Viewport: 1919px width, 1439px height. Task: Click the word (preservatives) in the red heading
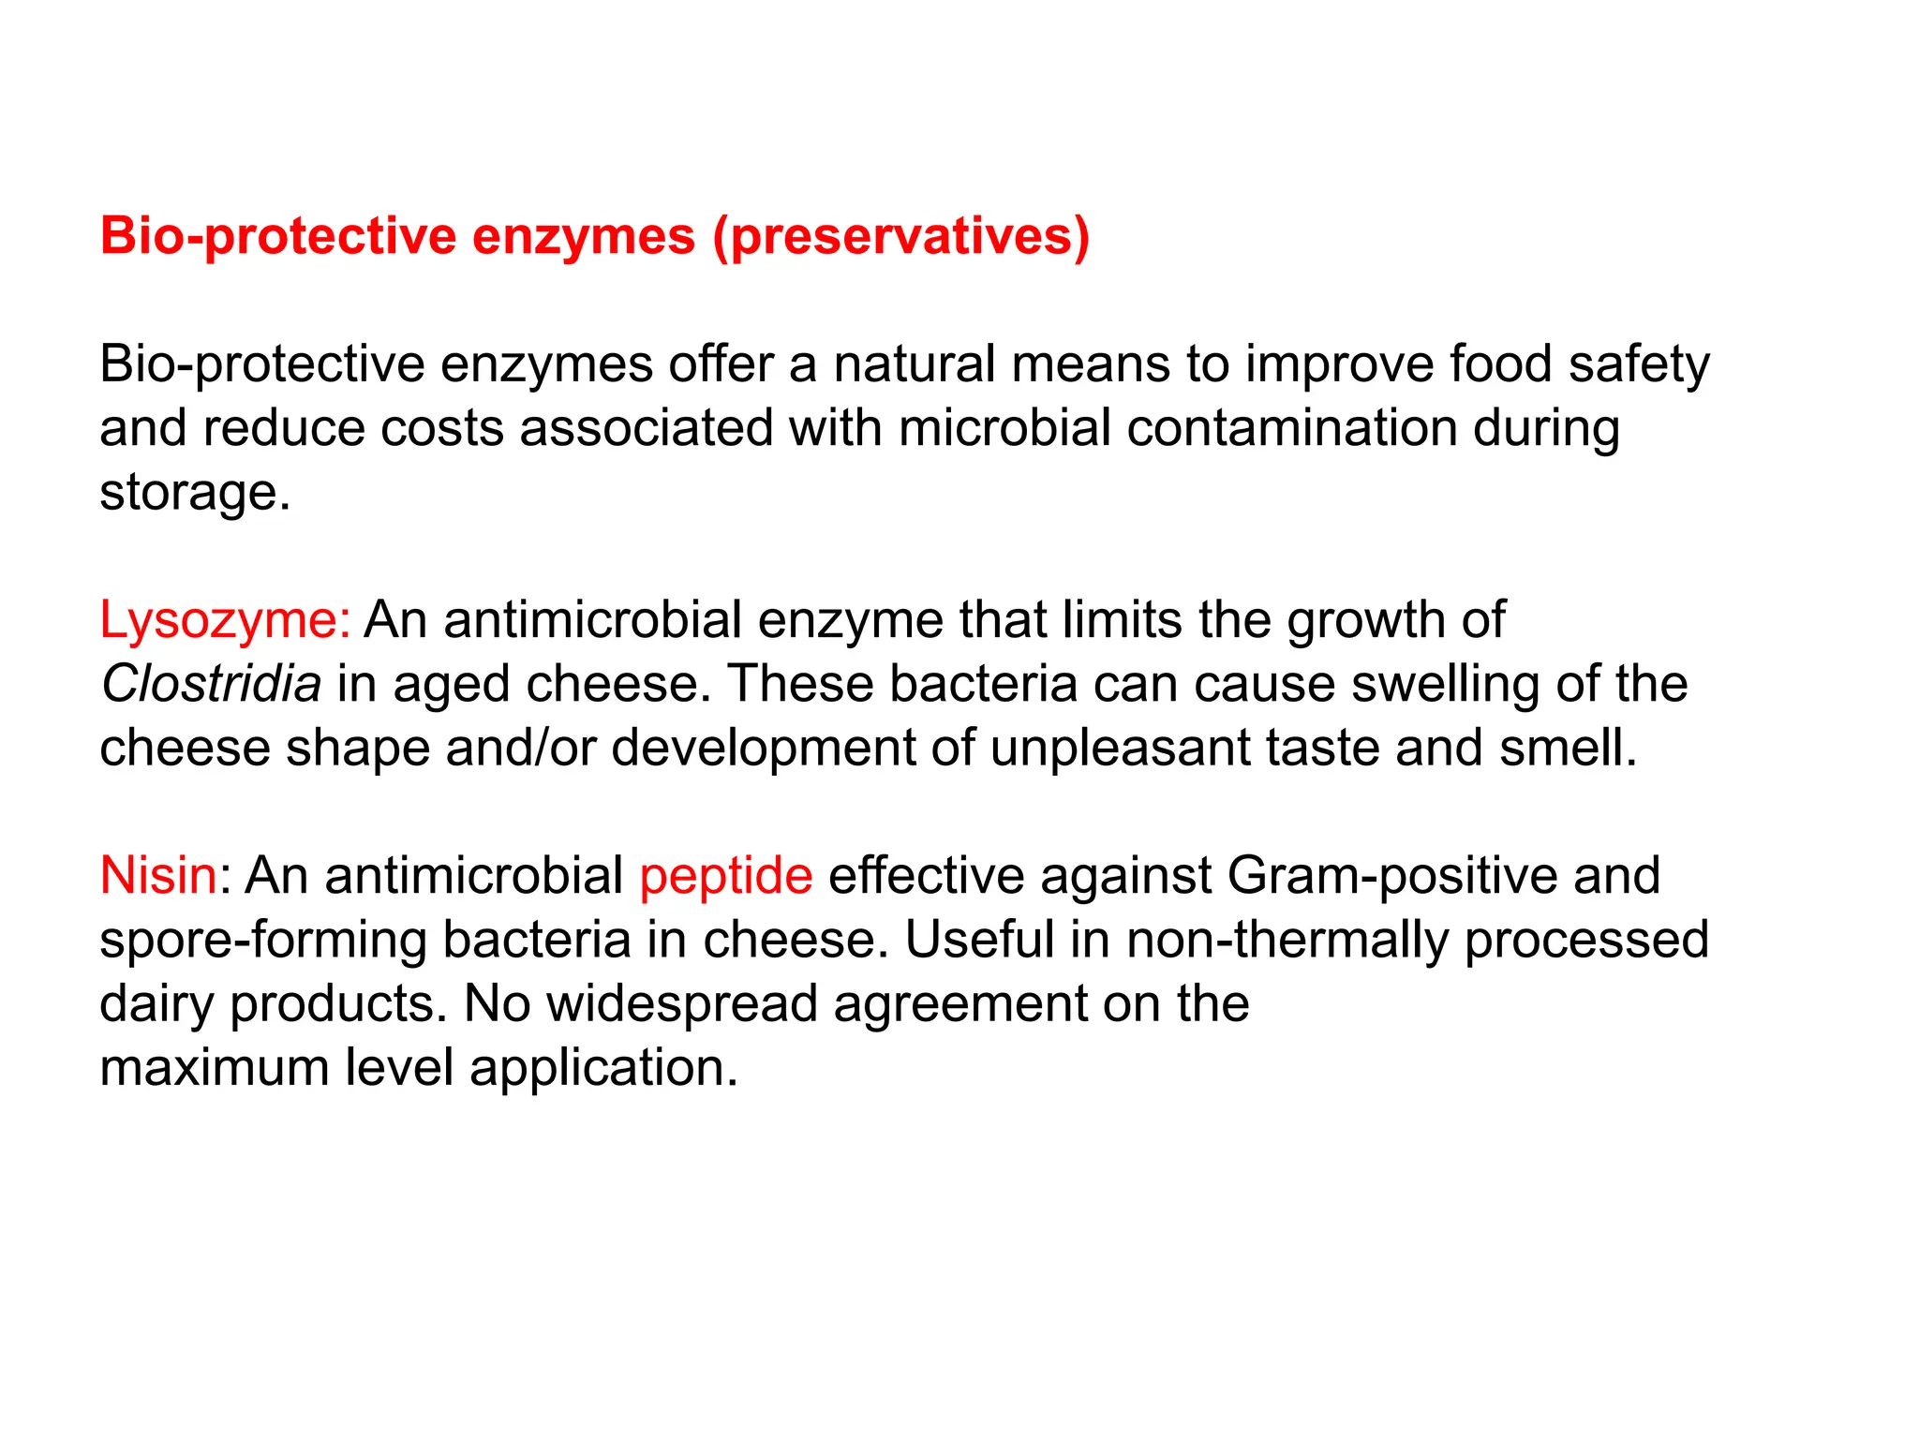tap(900, 236)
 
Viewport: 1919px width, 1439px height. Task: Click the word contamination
tap(1291, 428)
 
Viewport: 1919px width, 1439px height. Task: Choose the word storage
tap(194, 493)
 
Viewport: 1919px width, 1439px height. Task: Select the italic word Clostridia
tap(211, 684)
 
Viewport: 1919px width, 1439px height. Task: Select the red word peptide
tap(726, 877)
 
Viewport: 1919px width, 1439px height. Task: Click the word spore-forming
tap(264, 941)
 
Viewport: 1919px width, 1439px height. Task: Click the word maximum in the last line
tap(214, 1068)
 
